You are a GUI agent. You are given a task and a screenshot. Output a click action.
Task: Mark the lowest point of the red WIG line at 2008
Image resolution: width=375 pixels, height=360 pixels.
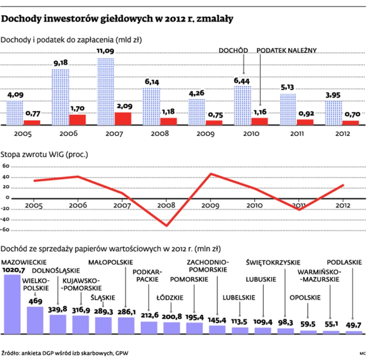pyautogui.click(x=166, y=226)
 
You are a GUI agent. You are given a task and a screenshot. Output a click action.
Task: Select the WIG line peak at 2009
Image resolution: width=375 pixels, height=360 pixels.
pyautogui.click(x=211, y=174)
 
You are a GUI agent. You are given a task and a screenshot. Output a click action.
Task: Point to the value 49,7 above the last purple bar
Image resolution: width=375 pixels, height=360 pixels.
pyautogui.click(x=353, y=326)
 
